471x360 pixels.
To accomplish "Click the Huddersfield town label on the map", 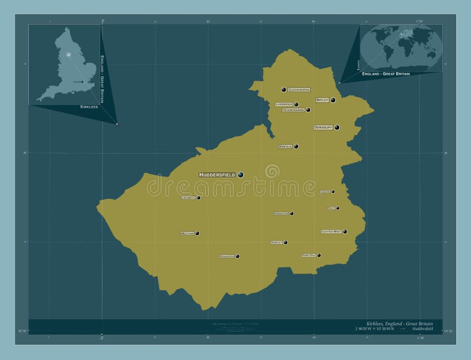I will point(217,175).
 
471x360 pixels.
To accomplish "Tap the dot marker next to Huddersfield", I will point(240,174).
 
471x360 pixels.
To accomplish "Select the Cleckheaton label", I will point(298,89).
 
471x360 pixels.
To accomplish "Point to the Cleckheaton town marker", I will point(284,89).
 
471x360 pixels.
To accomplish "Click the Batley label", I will point(322,100).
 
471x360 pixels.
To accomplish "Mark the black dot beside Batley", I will point(333,100).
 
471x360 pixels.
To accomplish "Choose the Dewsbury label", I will point(323,127).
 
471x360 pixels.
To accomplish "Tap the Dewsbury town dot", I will point(337,127).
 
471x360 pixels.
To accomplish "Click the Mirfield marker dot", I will point(296,146).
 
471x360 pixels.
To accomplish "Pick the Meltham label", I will point(187,234).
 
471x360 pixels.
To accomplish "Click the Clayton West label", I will point(330,232).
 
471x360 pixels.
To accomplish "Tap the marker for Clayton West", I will point(345,232).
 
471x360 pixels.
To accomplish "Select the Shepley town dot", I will point(286,242).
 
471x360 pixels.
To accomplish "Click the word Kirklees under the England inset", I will point(89,108).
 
